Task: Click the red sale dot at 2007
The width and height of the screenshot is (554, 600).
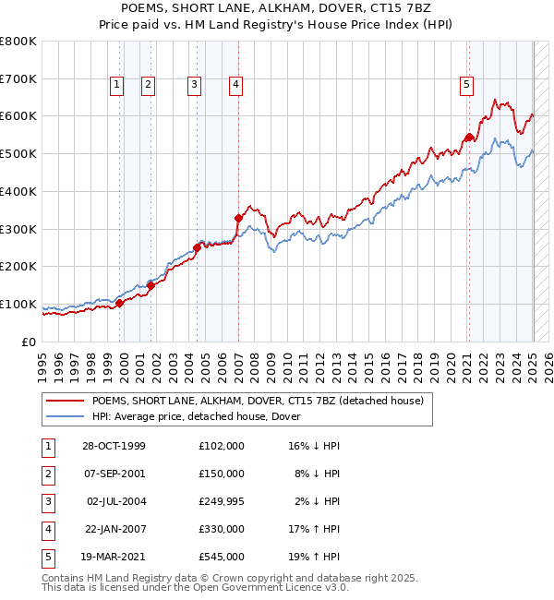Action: coord(238,218)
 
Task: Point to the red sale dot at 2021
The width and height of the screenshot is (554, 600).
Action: coord(469,138)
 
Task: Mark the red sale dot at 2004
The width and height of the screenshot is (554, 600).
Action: coord(197,247)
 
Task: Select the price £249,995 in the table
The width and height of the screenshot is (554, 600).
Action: coord(222,501)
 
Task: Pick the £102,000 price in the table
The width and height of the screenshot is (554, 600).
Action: coord(222,446)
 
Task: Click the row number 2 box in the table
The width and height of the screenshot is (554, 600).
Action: coord(46,474)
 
